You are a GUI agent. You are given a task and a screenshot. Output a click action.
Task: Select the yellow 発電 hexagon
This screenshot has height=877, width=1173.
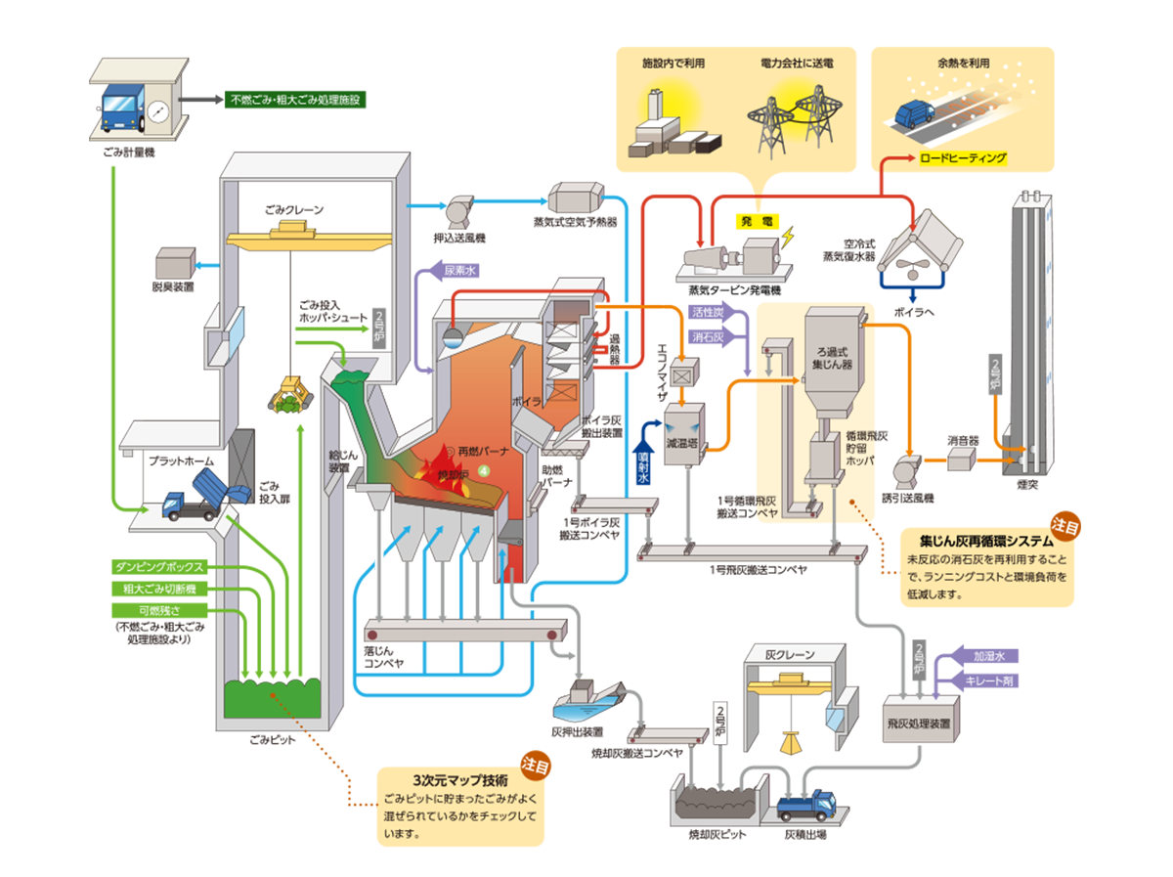pyautogui.click(x=755, y=221)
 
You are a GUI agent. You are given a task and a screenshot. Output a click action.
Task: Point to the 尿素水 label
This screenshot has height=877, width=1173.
pyautogui.click(x=458, y=270)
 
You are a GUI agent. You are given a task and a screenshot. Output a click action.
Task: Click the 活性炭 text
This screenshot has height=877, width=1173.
pyautogui.click(x=707, y=313)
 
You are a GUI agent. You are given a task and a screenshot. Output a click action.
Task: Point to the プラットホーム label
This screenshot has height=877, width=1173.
pyautogui.click(x=182, y=460)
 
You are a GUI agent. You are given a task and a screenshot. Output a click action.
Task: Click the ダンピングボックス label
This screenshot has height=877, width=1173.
pyautogui.click(x=159, y=567)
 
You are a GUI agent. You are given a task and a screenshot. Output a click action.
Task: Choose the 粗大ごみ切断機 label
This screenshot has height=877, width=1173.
pyautogui.click(x=159, y=590)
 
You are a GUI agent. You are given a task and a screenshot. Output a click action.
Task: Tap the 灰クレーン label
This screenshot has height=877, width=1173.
pyautogui.click(x=789, y=654)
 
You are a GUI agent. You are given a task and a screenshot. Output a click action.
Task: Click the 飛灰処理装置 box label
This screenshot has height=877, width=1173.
pyautogui.click(x=921, y=724)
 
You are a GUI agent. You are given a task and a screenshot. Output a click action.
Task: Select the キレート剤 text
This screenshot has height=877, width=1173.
pyautogui.click(x=988, y=680)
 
